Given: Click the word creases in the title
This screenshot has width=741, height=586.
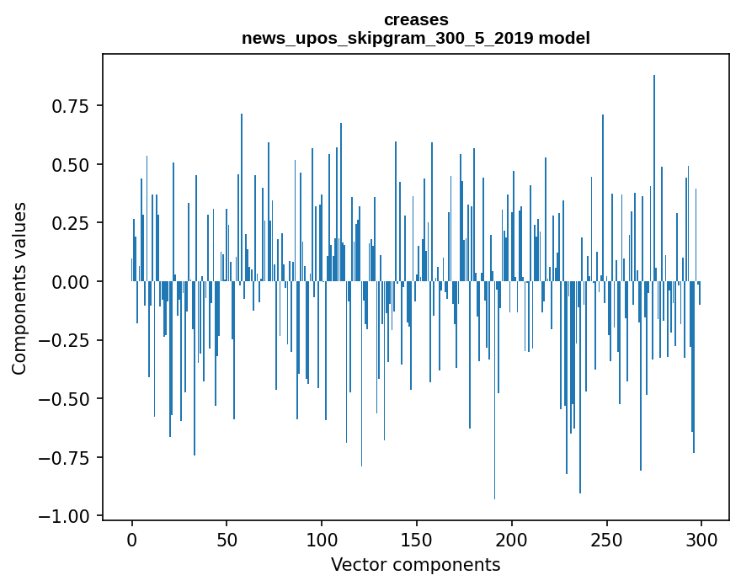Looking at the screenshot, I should (416, 19).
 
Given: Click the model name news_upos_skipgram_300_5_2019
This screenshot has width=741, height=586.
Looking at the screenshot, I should (397, 39).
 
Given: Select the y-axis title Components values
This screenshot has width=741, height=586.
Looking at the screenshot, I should (19, 288).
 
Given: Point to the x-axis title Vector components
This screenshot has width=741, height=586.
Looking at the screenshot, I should (416, 565).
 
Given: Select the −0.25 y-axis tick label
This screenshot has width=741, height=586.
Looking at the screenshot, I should (66, 340).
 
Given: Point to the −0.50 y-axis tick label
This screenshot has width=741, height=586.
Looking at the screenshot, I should (66, 399).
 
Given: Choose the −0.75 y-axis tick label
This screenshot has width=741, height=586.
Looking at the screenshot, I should (66, 457).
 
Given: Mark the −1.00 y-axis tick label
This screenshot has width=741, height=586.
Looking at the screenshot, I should (66, 516).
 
